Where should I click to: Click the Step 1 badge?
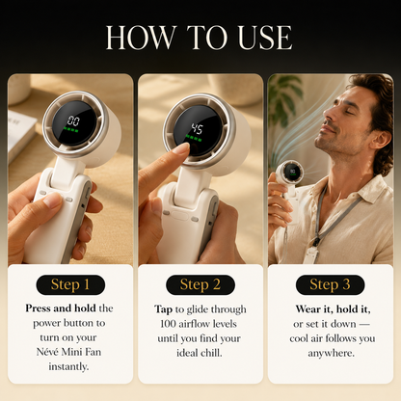[70, 284]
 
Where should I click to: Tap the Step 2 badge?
[200, 284]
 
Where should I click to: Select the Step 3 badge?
[330, 284]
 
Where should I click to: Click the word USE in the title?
[265, 38]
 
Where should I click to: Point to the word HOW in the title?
[142, 38]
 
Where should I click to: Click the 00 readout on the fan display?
[73, 120]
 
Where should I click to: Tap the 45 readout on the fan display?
[197, 129]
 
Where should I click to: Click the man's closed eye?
[348, 113]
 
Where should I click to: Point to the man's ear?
[380, 137]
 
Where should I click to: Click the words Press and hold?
[61, 308]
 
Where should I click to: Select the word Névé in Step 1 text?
[47, 352]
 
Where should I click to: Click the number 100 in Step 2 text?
[167, 324]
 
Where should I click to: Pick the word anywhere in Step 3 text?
[331, 354]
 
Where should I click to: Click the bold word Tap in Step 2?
[163, 309]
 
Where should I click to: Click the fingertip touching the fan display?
[182, 148]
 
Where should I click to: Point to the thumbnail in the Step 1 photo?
[52, 200]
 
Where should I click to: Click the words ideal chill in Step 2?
[200, 353]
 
